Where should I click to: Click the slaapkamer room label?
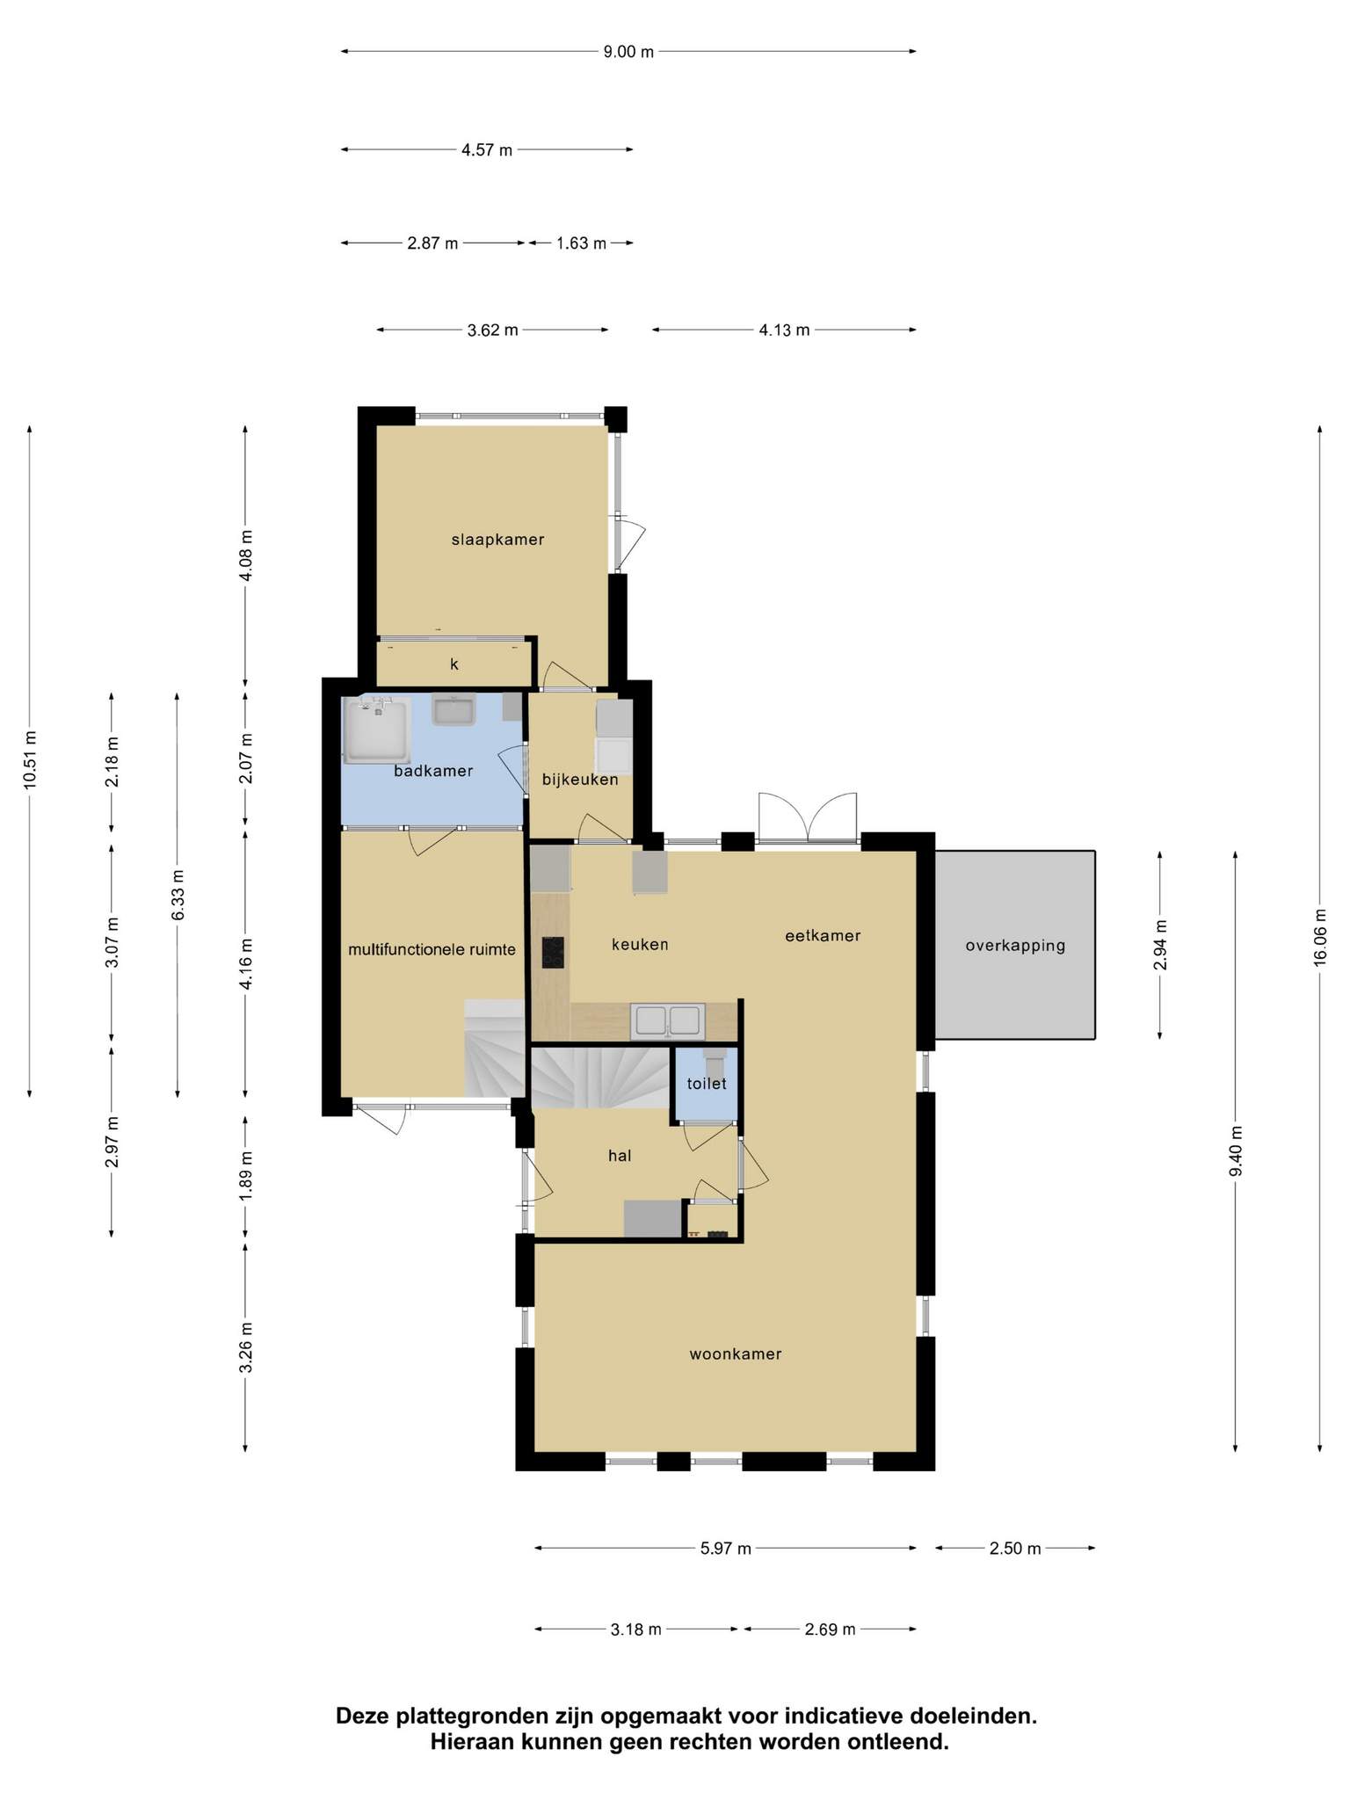tap(497, 540)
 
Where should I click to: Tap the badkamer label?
tap(433, 771)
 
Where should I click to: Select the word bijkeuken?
tap(580, 780)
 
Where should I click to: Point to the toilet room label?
tap(707, 1084)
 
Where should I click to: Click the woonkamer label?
tap(736, 1354)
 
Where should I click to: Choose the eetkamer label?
tap(823, 936)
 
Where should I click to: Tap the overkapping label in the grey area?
tap(1015, 946)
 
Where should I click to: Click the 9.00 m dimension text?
tap(628, 52)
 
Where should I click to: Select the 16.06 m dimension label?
tap(1319, 938)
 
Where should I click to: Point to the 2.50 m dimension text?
tap(1015, 1549)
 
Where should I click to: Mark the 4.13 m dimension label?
tap(784, 330)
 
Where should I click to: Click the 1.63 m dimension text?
tap(581, 243)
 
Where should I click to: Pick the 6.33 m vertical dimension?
tap(178, 895)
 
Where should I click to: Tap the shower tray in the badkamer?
tap(377, 730)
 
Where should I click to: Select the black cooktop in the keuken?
tap(553, 953)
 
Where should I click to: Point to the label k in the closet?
tap(454, 664)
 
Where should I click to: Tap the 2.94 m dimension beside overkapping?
tap(1160, 945)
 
